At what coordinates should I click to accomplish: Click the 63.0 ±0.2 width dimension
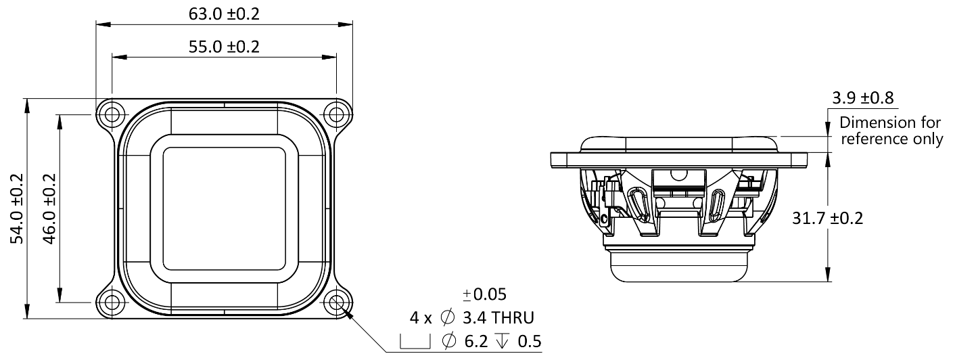[x=225, y=14]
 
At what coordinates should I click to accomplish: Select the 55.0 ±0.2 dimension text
[x=225, y=47]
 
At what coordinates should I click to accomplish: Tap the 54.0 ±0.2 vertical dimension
[x=17, y=208]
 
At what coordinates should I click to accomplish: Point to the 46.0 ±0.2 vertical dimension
[x=49, y=208]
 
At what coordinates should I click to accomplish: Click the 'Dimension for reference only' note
[x=890, y=131]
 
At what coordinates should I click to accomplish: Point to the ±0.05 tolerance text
[x=484, y=295]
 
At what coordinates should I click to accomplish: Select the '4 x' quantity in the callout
[x=419, y=317]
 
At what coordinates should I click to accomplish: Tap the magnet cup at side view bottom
[x=678, y=265]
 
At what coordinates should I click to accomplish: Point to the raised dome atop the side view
[x=678, y=143]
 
